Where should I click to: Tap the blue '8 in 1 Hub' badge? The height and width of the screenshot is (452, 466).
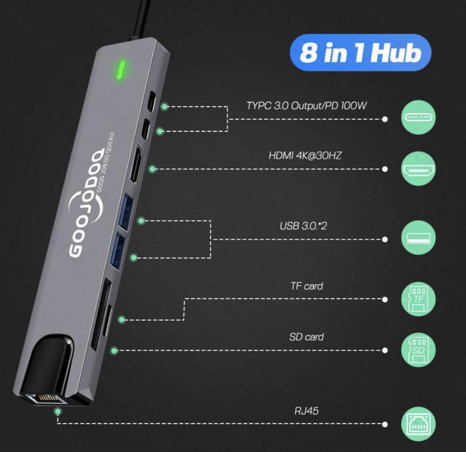click(x=360, y=54)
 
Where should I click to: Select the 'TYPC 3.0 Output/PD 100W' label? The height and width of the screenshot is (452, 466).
click(x=307, y=105)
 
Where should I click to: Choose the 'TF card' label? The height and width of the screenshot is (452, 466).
click(x=307, y=286)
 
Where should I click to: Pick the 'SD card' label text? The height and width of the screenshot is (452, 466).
click(x=306, y=337)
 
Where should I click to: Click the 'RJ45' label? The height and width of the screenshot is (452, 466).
click(x=307, y=411)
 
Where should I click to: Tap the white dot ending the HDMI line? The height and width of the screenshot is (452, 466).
click(x=385, y=169)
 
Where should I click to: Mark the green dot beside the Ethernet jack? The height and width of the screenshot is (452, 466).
click(x=57, y=412)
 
